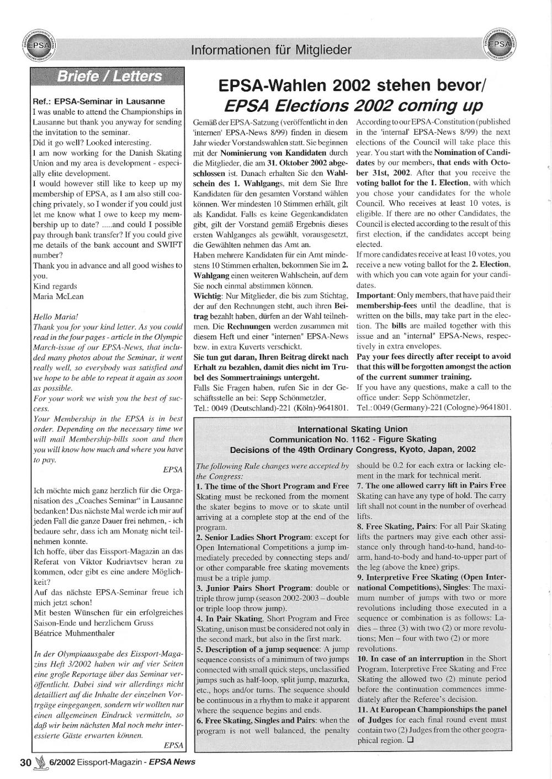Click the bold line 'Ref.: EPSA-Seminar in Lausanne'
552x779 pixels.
point(99,102)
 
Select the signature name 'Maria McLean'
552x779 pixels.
point(59,296)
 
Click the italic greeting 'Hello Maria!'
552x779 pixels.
point(56,317)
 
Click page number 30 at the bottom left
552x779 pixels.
point(25,762)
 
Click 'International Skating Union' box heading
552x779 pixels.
point(352,429)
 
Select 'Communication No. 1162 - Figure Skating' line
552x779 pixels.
point(352,439)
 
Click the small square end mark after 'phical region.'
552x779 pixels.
point(411,740)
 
